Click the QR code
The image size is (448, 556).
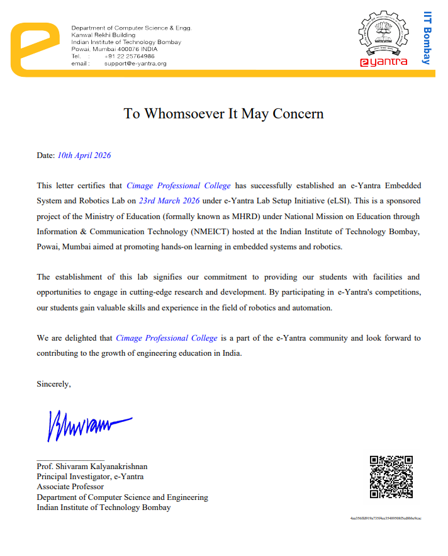click(x=391, y=477)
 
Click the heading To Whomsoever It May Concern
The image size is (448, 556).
click(x=223, y=113)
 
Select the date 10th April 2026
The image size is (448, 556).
click(x=84, y=155)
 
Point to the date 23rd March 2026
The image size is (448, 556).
click(x=169, y=201)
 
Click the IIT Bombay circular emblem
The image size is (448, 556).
click(x=383, y=35)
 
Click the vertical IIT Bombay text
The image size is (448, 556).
click(x=427, y=38)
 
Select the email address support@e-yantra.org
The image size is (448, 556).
click(x=135, y=64)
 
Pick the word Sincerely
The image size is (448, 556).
click(x=53, y=384)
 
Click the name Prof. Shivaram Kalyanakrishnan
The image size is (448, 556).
click(x=92, y=467)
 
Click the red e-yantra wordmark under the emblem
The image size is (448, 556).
click(x=383, y=62)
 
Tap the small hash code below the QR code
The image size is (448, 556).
click(x=386, y=518)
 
